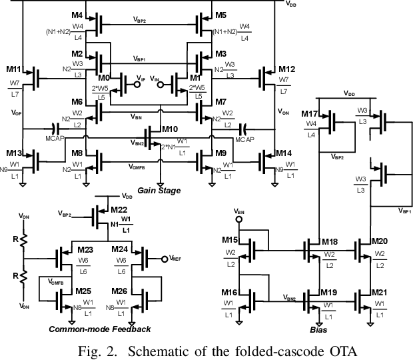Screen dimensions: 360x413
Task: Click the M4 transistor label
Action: (x=77, y=14)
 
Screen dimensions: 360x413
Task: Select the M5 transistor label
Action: (x=220, y=14)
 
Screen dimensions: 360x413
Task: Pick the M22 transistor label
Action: (x=119, y=210)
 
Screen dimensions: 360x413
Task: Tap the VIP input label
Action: (x=141, y=80)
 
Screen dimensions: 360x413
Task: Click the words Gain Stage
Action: (x=160, y=190)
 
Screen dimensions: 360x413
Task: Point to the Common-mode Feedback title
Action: (x=99, y=329)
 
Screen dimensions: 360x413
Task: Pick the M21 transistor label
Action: (x=379, y=293)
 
